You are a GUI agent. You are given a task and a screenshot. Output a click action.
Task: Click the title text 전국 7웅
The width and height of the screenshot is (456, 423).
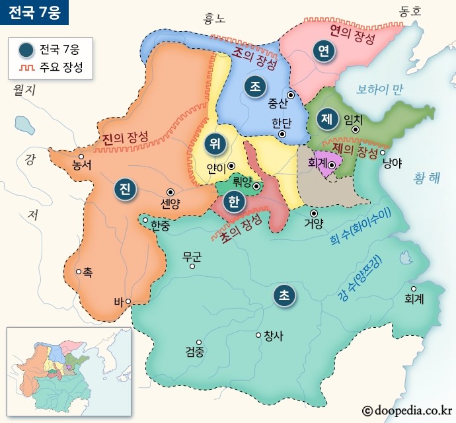[34, 12]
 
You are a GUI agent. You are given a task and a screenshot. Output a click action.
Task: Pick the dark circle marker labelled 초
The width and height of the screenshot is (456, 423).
[284, 295]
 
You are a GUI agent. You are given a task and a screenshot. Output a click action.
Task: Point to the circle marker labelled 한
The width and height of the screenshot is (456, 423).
[232, 202]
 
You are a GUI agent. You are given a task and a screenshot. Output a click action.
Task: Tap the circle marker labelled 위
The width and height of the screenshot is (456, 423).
[213, 142]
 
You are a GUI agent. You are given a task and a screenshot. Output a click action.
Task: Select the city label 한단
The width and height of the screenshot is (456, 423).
[281, 123]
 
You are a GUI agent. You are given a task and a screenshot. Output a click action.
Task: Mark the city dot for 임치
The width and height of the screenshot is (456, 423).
[356, 130]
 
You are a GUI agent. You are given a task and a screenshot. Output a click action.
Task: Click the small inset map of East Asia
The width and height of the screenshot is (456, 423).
[67, 370]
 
